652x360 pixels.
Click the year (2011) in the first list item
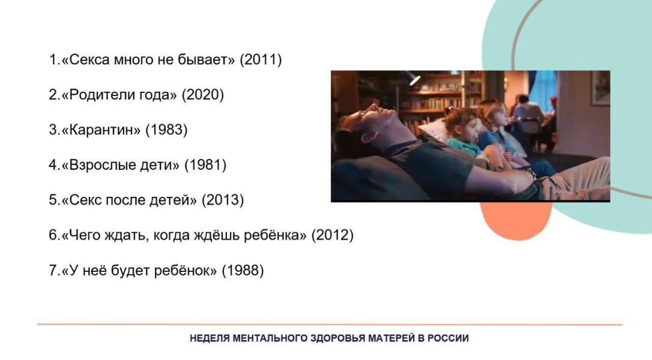tap(261, 59)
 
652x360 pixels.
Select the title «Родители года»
tap(119, 95)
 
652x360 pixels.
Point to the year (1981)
tap(205, 165)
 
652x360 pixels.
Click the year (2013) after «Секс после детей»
tap(223, 200)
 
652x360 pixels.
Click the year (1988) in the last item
tap(243, 271)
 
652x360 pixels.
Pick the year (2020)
tap(203, 95)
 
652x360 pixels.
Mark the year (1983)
tap(166, 130)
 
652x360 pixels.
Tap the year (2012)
tap(332, 235)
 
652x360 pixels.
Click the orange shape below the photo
tap(516, 220)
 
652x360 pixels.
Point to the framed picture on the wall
tap(600, 87)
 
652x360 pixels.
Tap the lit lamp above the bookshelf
tap(414, 79)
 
